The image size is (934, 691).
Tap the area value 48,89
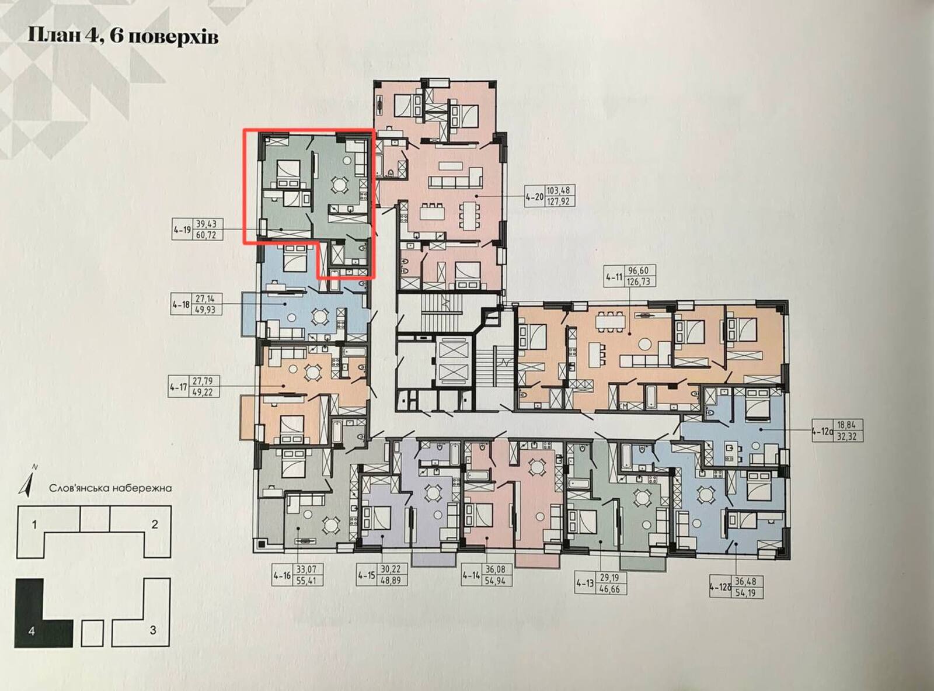tap(391, 581)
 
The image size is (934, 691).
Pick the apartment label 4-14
tap(471, 575)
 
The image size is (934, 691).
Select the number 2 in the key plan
tap(155, 525)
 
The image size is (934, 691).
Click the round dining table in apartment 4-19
tap(339, 184)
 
